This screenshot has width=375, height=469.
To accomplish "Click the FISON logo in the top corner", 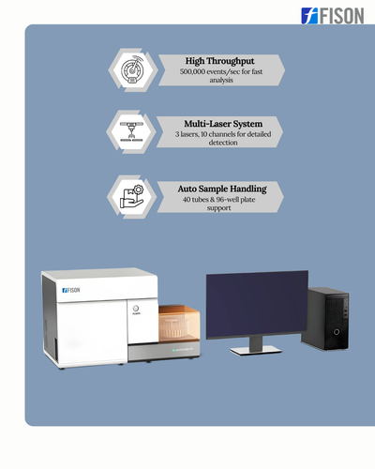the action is click(333, 16).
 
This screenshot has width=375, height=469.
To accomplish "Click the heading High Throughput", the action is click(220, 61).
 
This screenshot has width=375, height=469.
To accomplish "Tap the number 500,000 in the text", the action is click(192, 71).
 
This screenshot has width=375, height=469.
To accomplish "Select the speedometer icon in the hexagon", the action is click(132, 69).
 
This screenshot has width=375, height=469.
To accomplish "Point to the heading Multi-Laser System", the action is click(223, 124).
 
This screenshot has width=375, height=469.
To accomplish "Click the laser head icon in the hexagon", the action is click(131, 131).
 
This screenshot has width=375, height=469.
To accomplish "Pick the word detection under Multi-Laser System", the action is click(223, 143).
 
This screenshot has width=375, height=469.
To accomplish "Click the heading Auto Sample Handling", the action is click(222, 189).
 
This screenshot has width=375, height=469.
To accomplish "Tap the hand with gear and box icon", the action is click(131, 197).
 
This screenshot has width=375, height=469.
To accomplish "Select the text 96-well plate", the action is click(235, 200).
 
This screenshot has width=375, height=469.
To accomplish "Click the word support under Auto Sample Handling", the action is click(218, 208).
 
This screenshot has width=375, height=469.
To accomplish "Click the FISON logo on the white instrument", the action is click(71, 290).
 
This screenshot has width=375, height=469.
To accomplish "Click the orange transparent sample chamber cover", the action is click(179, 324).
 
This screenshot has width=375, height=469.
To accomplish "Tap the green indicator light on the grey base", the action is click(173, 350).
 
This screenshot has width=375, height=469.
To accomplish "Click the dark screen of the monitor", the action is click(257, 304).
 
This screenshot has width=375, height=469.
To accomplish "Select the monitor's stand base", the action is click(256, 351).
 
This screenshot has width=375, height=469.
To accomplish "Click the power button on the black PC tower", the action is click(337, 332).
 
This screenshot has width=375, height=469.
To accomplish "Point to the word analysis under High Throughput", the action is click(221, 80).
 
